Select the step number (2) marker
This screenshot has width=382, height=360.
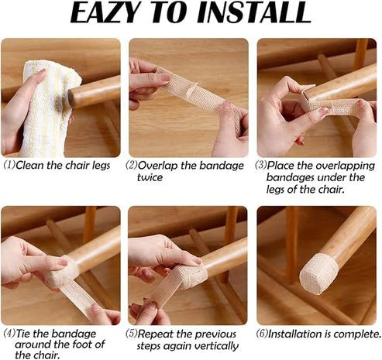tap(132, 165)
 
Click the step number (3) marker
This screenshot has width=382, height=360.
tap(261, 165)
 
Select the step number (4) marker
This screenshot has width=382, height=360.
tap(9, 334)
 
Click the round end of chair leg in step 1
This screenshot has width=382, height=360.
tap(74, 98)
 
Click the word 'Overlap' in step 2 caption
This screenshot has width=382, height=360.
tap(159, 165)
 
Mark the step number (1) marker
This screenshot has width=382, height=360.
tap(9, 165)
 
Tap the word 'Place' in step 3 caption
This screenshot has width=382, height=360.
tap(282, 165)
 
